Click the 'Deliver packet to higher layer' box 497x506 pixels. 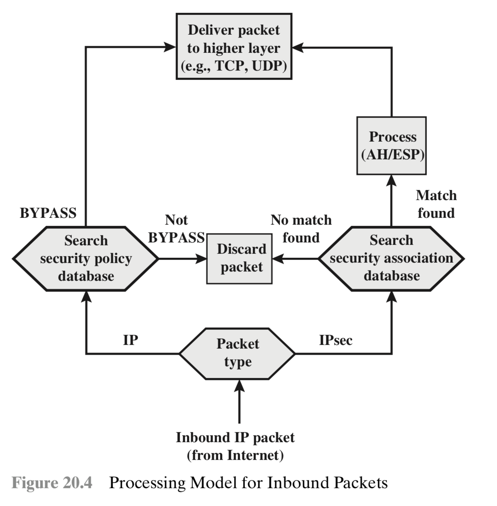click(x=234, y=47)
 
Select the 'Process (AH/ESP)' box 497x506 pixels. click(x=391, y=146)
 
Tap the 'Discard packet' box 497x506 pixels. click(x=240, y=258)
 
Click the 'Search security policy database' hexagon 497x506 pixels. click(x=86, y=258)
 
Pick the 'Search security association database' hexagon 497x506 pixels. click(x=391, y=258)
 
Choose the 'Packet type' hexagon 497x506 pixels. click(x=238, y=353)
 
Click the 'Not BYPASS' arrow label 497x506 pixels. click(x=176, y=229)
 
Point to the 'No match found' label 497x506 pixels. click(x=301, y=229)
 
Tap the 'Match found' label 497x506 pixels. click(x=436, y=204)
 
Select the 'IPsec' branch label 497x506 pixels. click(x=336, y=340)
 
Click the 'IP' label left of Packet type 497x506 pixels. click(x=130, y=340)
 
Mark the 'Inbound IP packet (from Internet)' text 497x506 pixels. click(x=235, y=446)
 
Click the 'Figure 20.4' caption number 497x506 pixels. click(x=52, y=483)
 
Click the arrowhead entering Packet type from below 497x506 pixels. click(x=239, y=387)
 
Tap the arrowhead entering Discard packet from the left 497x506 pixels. click(x=201, y=258)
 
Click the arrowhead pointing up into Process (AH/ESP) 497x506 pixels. click(x=391, y=180)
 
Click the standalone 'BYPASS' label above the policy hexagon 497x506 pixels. click(x=48, y=213)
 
